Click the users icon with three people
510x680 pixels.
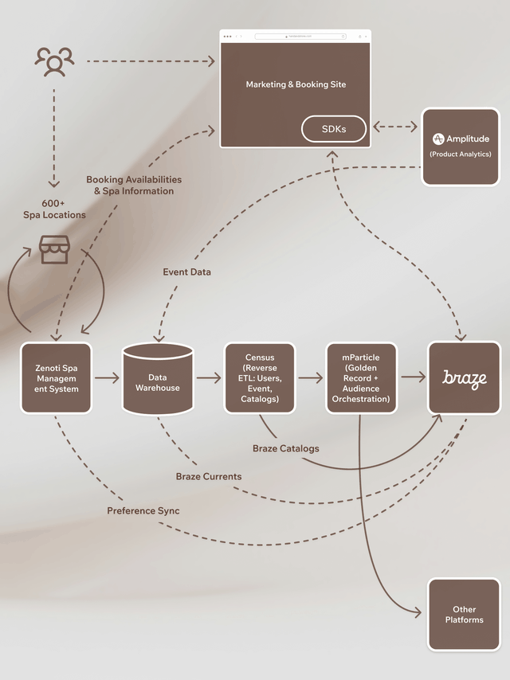coord(54,61)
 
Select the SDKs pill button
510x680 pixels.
coord(334,129)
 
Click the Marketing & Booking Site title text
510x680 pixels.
coord(296,84)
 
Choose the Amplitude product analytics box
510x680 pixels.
coord(460,147)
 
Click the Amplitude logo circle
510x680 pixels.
coord(438,139)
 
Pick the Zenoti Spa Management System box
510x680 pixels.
coord(57,378)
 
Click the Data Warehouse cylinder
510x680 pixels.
coord(158,379)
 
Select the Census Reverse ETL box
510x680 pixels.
coord(260,378)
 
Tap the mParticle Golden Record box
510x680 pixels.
coord(361,378)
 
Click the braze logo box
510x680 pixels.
coord(464,378)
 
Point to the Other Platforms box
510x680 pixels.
coord(464,615)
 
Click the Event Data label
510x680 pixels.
coord(187,272)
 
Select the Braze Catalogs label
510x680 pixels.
coord(286,448)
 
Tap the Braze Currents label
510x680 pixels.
coord(209,476)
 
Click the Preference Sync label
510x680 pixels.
coord(143,510)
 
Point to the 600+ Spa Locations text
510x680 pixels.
coord(54,209)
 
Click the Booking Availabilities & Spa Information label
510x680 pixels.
coord(134,186)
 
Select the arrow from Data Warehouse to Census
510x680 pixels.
coord(209,378)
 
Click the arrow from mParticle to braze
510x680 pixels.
coord(413,378)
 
